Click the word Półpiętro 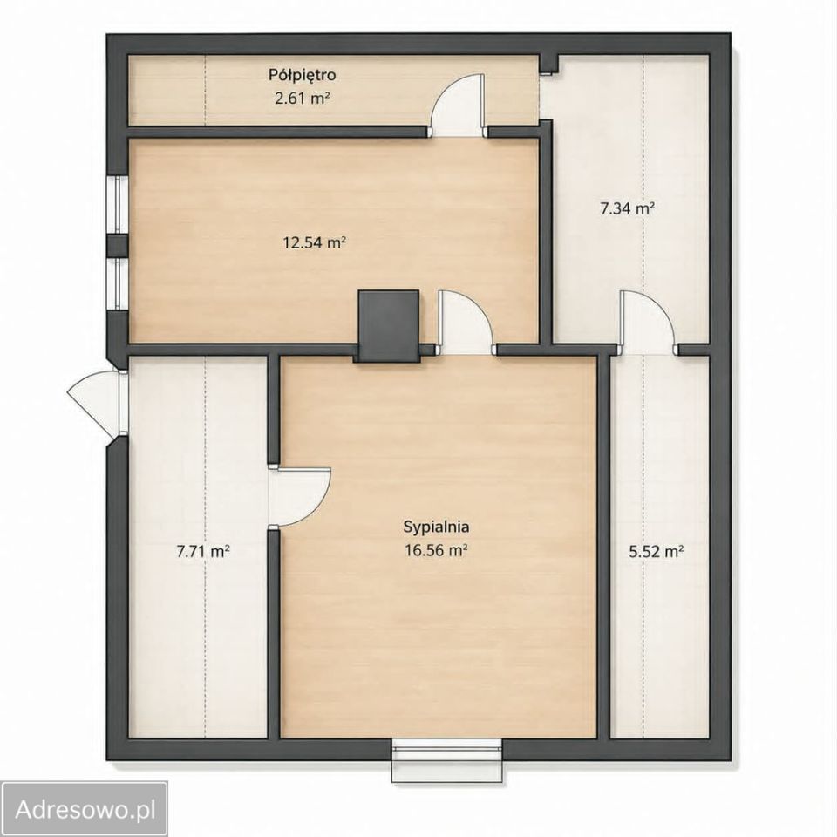[x=303, y=75]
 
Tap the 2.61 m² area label [x=302, y=99]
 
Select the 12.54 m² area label [x=315, y=243]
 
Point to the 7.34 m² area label [x=628, y=208]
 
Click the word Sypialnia [x=436, y=527]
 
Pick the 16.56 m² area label [x=436, y=550]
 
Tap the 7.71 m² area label [x=203, y=551]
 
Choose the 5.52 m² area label [x=656, y=551]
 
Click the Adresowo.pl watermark [x=85, y=810]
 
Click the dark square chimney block [x=388, y=326]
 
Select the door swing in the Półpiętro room [x=458, y=104]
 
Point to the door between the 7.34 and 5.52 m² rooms [x=649, y=323]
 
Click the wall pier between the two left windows [x=117, y=246]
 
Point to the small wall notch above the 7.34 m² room [x=548, y=64]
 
